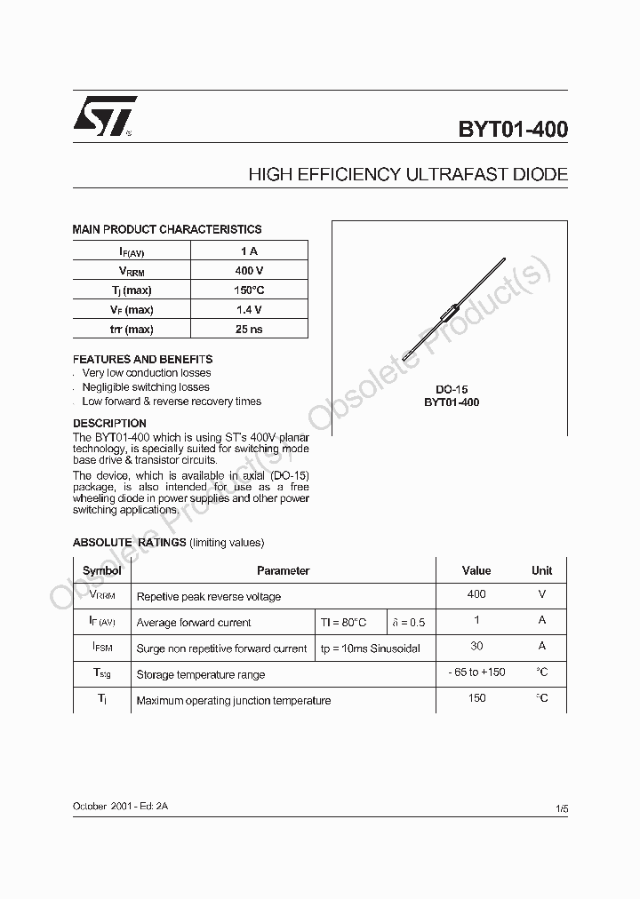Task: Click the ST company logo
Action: point(104,116)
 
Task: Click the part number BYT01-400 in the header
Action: point(513,130)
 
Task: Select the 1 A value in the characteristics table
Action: point(249,251)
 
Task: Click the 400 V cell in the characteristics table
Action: point(249,271)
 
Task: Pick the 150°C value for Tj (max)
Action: point(249,290)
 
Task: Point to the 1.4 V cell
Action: point(249,310)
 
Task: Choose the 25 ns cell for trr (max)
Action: point(249,330)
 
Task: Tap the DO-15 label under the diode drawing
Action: point(452,389)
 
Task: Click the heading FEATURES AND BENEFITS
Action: point(142,359)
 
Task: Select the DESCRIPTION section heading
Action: point(109,423)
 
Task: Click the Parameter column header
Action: point(283,570)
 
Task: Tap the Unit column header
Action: point(541,570)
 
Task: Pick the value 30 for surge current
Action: point(476,646)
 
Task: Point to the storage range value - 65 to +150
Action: point(476,672)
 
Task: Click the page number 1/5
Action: point(561,808)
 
